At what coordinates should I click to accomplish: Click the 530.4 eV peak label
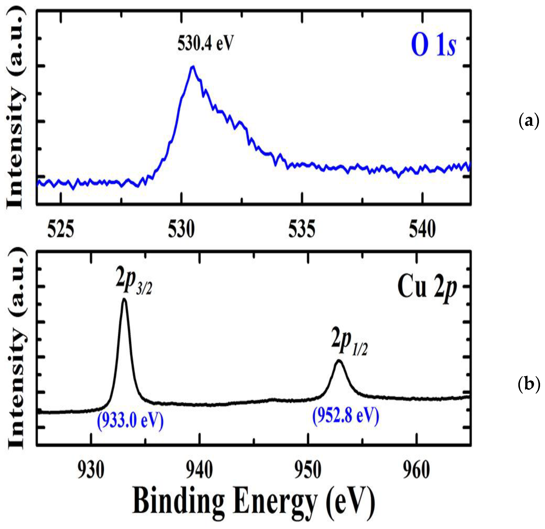point(205,43)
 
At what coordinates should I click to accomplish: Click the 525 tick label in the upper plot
point(61,230)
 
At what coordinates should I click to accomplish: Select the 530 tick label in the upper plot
point(181,230)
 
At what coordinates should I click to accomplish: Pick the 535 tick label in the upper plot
point(302,230)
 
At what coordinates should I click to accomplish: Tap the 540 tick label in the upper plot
point(422,230)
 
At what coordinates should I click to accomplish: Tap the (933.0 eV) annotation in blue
point(130,421)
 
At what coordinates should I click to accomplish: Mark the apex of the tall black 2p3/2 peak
point(124,299)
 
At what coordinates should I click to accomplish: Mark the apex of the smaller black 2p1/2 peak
point(339,361)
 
